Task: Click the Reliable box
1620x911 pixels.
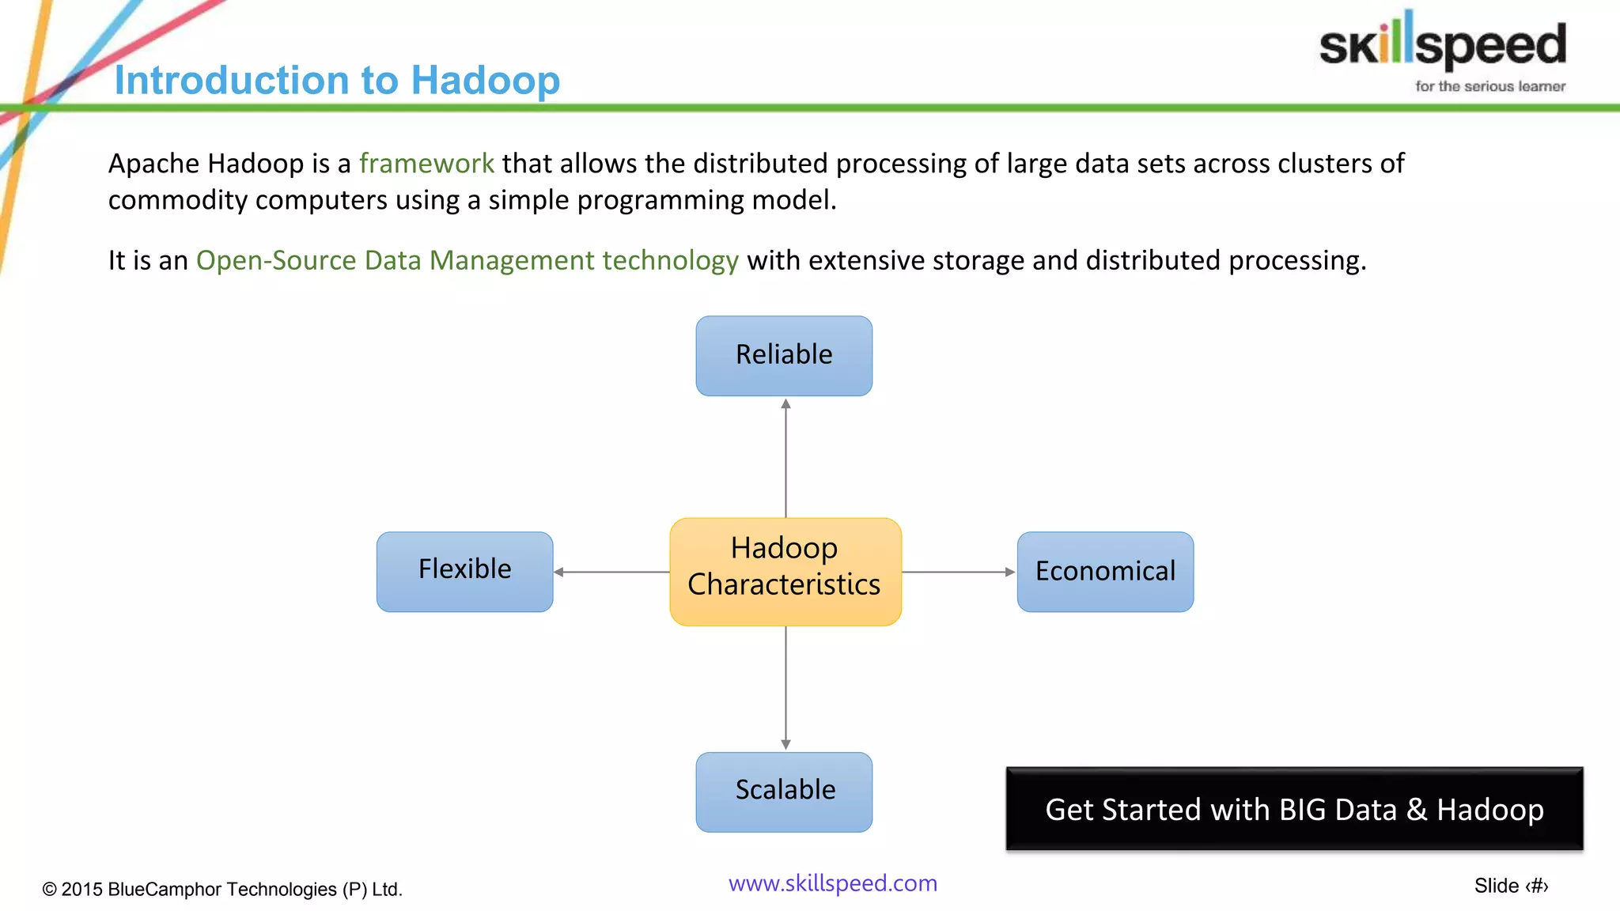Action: click(x=784, y=356)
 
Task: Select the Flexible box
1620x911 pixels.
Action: click(x=464, y=571)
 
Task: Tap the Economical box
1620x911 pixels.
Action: click(x=1105, y=571)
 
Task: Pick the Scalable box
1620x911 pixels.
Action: click(x=784, y=792)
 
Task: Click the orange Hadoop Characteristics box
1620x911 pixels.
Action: click(x=785, y=571)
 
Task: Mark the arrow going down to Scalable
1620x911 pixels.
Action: click(x=785, y=688)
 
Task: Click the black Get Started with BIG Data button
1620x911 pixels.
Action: click(x=1294, y=809)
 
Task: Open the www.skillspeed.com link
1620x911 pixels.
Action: click(x=832, y=883)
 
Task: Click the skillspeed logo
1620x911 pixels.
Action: click(x=1442, y=43)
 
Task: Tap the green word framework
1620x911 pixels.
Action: click(x=426, y=164)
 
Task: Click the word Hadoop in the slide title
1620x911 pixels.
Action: click(x=485, y=81)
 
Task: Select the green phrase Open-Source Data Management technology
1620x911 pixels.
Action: click(x=467, y=260)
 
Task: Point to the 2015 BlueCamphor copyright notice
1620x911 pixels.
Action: click(x=222, y=889)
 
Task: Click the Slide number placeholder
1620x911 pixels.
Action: click(x=1511, y=886)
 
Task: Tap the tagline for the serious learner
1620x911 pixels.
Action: click(x=1489, y=86)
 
